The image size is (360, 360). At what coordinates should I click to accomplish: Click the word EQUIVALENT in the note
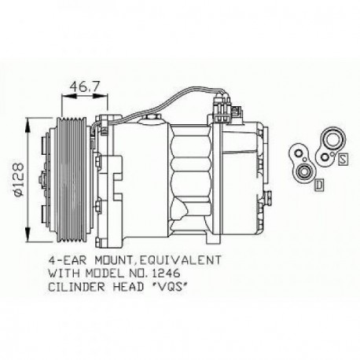coord(187,258)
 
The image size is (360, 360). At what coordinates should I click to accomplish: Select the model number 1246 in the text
coord(178,271)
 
